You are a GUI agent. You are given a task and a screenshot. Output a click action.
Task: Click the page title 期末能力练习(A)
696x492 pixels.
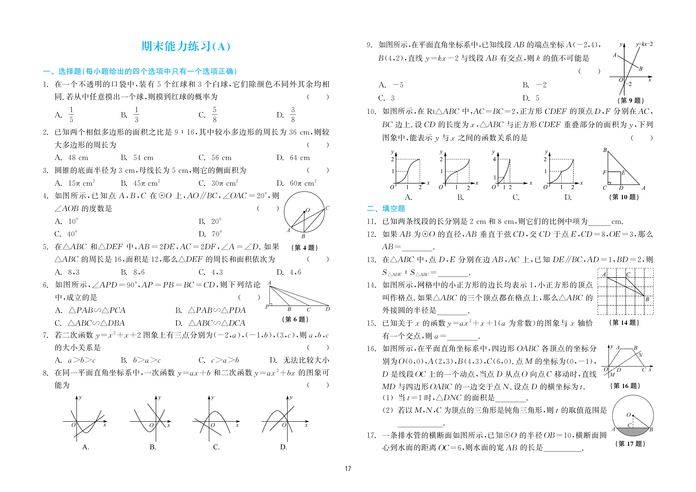[x=186, y=46]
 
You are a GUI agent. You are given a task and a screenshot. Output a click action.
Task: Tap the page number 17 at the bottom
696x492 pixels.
[x=348, y=469]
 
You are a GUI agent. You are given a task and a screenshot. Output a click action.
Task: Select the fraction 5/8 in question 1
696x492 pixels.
[x=214, y=115]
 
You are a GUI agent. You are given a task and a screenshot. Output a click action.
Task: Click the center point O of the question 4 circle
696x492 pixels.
[x=304, y=212]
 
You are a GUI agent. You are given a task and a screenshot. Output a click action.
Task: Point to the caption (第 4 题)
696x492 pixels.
[x=304, y=248]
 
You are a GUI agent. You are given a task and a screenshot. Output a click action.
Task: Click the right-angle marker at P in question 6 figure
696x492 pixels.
[x=271, y=304]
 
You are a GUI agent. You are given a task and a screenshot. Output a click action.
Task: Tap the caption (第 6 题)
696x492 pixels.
[x=295, y=319]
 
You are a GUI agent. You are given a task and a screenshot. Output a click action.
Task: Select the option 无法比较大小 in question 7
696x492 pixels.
[x=306, y=360]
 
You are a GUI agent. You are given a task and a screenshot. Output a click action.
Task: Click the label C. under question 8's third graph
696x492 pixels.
[x=216, y=447]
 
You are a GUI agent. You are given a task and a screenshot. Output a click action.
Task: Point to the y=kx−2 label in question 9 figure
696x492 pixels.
[x=644, y=44]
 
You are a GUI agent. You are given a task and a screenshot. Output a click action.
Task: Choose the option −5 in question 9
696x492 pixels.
[x=398, y=85]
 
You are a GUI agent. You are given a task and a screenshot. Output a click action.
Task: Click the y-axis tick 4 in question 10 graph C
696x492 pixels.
[x=494, y=159]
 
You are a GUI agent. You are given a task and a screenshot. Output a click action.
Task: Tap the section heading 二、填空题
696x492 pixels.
[x=386, y=209]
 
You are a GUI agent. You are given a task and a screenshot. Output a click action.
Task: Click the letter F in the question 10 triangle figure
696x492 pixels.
[x=604, y=172]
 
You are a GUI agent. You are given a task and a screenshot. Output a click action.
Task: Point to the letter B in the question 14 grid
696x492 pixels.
[x=647, y=299]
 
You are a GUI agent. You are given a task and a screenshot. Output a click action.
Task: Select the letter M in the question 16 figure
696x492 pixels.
[x=612, y=375]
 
